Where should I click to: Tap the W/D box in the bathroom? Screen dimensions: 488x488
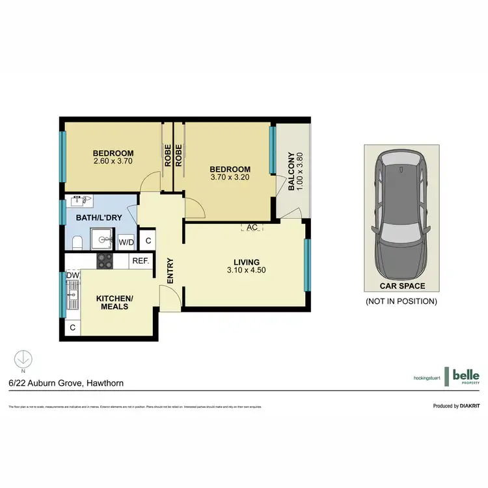pos(126,242)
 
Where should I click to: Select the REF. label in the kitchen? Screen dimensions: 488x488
pos(141,261)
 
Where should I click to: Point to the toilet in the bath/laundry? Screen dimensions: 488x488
pos(77,243)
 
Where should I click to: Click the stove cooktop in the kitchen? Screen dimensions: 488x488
pos(105,261)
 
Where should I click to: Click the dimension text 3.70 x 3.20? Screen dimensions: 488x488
pos(230,176)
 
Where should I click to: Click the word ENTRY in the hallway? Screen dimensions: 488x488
pos(170,271)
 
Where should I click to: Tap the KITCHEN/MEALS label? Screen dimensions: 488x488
pos(115,302)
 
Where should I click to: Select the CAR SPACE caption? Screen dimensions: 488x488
pos(403,286)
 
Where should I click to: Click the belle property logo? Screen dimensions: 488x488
pos(463,376)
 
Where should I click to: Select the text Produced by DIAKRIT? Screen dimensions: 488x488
pos(456,406)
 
